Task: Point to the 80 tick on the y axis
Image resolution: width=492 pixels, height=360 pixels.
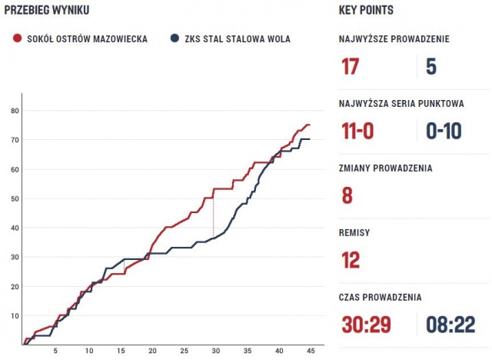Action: [x=14, y=111]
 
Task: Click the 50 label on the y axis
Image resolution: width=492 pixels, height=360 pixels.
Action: [x=14, y=199]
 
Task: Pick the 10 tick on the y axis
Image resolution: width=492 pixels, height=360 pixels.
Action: [x=14, y=316]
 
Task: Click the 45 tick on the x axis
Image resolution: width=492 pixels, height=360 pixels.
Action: [x=309, y=351]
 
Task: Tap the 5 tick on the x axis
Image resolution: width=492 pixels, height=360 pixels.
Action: [x=55, y=351]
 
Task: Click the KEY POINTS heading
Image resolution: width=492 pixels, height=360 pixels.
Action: [x=366, y=11]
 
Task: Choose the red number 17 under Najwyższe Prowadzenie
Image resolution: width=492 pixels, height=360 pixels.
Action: [x=350, y=67]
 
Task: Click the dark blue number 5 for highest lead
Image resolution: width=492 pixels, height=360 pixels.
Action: [x=430, y=67]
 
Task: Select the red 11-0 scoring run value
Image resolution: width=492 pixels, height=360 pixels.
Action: [x=357, y=131]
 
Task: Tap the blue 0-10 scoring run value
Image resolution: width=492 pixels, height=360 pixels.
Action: [x=444, y=131]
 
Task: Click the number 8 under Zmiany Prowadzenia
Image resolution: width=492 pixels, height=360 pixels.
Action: [x=347, y=195]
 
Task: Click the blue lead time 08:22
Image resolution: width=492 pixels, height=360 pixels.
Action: [x=450, y=325]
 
